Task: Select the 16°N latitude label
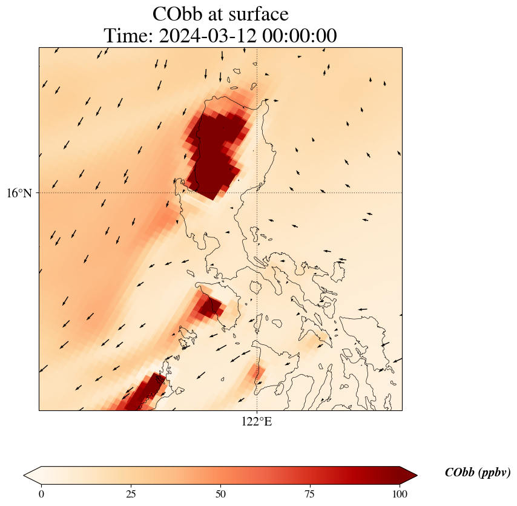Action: [x=19, y=193]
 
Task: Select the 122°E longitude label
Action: [x=257, y=421]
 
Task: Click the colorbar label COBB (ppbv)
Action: [x=477, y=473]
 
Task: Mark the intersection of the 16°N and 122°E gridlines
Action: [x=257, y=193]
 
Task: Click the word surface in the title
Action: [x=254, y=14]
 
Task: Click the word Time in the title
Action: [x=125, y=36]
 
